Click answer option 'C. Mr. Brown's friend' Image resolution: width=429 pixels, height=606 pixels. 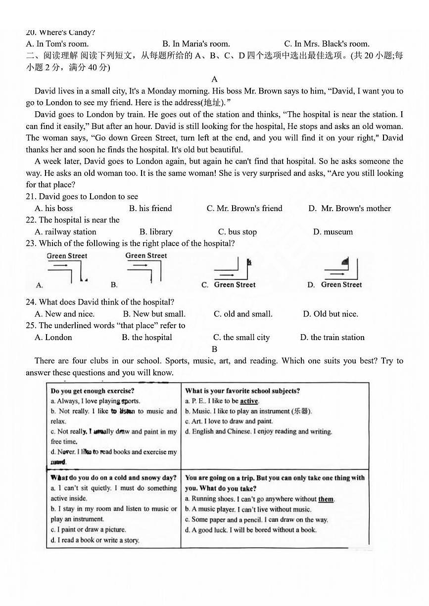244,209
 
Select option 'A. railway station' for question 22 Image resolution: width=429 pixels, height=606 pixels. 65,232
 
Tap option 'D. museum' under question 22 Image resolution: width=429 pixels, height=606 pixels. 333,232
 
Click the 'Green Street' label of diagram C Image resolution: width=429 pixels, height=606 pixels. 235,285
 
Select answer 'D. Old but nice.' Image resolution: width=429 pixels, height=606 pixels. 331,314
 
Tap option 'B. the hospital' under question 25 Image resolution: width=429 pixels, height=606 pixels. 147,338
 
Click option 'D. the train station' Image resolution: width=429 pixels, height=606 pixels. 332,338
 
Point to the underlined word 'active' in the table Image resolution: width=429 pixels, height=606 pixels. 249,401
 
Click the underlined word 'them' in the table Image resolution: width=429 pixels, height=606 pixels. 326,499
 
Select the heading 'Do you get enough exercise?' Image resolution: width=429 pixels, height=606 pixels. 93,391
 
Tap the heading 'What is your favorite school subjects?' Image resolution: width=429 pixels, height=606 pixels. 242,391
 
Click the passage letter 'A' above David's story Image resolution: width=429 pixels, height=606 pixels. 214,79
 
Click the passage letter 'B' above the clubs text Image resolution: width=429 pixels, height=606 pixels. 214,349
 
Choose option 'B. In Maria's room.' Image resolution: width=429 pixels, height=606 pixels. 196,44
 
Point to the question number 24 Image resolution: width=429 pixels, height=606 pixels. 31,302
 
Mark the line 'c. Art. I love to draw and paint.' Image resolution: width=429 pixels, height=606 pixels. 229,422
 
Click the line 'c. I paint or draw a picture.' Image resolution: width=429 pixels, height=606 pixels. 89,530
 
